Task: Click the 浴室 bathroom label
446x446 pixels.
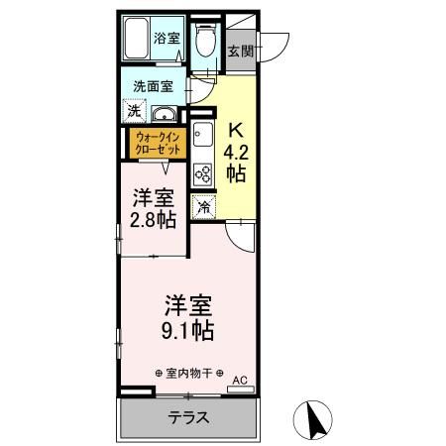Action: pyautogui.click(x=167, y=39)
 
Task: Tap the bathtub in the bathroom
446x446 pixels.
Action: pyautogui.click(x=137, y=40)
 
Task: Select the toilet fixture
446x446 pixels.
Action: pyautogui.click(x=204, y=41)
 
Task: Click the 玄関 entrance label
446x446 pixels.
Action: pyautogui.click(x=240, y=52)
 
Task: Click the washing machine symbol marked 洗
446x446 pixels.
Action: pyautogui.click(x=133, y=111)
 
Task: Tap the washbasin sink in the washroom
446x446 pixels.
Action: pyautogui.click(x=164, y=112)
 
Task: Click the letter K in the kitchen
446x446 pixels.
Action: pyautogui.click(x=236, y=129)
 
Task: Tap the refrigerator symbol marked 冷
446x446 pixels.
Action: pyautogui.click(x=202, y=207)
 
